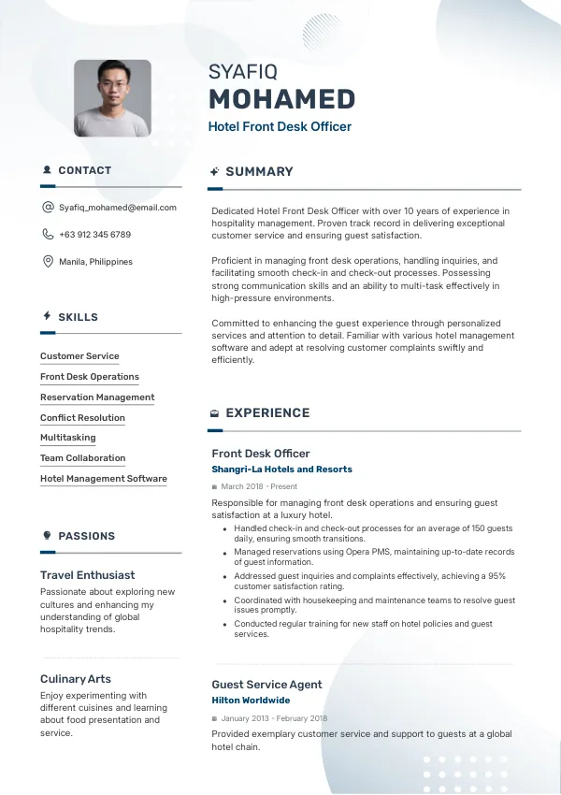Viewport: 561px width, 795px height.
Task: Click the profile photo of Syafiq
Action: [x=112, y=98]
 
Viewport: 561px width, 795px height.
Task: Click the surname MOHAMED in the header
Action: [x=281, y=99]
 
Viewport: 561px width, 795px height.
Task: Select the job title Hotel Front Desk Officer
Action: [x=280, y=126]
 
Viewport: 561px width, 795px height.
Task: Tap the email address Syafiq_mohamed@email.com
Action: [x=118, y=208]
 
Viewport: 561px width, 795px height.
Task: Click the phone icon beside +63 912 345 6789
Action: [x=48, y=235]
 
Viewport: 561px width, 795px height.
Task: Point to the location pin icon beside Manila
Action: [x=48, y=262]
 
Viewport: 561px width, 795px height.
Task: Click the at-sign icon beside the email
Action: [x=48, y=208]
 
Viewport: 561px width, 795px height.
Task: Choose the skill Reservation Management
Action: [x=97, y=397]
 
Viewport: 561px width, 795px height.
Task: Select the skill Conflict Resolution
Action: [x=82, y=418]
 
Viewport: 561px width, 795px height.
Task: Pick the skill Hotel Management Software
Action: [x=104, y=479]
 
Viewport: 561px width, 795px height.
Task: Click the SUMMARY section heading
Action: [x=259, y=172]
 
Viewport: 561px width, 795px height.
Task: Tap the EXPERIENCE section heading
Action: [x=267, y=412]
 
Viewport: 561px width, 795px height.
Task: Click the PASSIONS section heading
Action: [x=86, y=536]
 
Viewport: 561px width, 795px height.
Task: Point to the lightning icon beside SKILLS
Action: [x=47, y=317]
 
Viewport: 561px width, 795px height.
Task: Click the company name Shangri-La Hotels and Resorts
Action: [x=281, y=470]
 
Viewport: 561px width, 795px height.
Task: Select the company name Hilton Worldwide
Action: [x=251, y=701]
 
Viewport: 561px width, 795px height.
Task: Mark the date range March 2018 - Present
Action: [x=259, y=486]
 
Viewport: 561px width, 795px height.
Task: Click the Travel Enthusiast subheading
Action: [x=87, y=575]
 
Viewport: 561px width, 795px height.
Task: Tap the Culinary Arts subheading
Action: [x=75, y=679]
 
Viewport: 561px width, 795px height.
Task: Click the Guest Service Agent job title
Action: [x=266, y=685]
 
